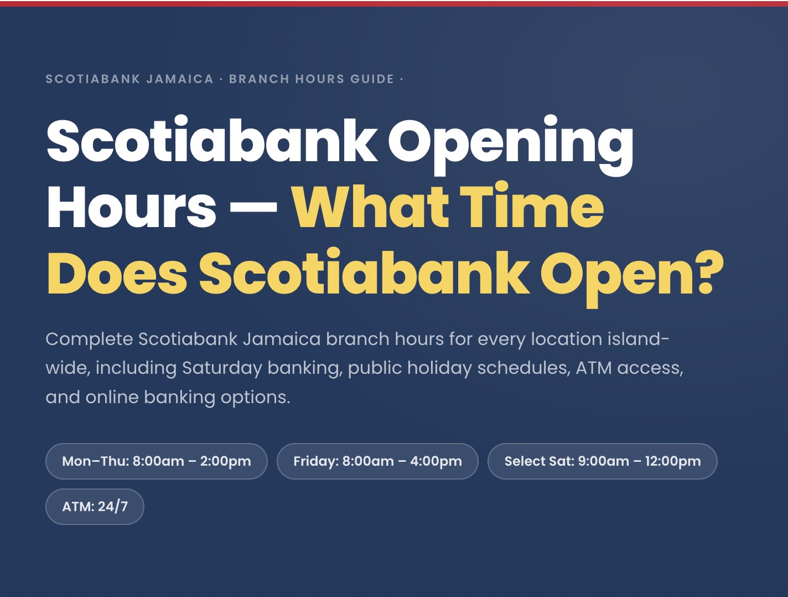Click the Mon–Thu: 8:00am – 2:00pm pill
(x=156, y=461)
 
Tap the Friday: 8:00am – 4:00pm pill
(x=377, y=461)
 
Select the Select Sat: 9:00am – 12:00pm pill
(x=602, y=461)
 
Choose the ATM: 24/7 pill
(x=95, y=507)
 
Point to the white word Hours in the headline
(x=132, y=208)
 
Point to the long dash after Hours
(x=253, y=209)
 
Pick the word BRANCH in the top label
(x=259, y=79)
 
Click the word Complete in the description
(x=89, y=339)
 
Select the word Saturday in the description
(x=222, y=368)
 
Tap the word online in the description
(x=112, y=397)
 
